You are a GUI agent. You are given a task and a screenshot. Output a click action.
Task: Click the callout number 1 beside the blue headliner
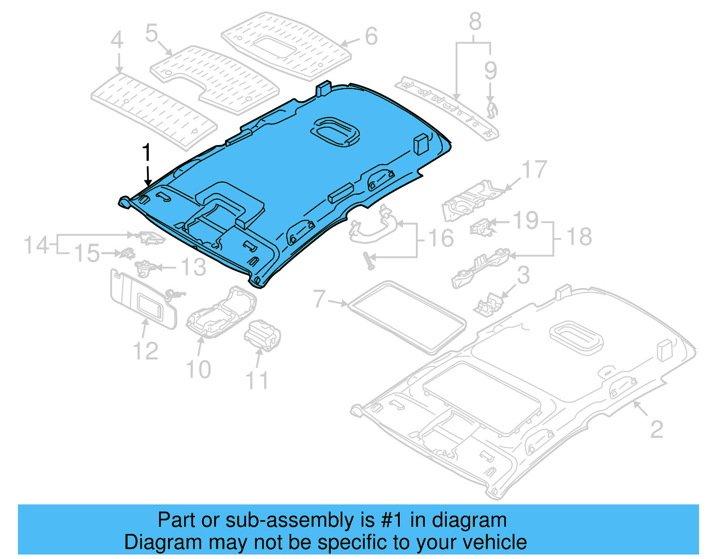(x=147, y=153)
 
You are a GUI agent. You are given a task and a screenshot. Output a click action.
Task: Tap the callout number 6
(x=371, y=36)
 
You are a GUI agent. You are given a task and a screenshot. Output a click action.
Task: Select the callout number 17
(x=534, y=170)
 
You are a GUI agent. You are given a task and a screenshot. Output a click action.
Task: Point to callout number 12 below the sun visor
(x=146, y=351)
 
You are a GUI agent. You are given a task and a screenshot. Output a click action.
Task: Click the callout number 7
(x=319, y=299)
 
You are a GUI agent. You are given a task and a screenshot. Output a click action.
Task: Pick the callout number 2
(x=657, y=430)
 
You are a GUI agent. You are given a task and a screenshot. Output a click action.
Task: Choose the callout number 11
(x=257, y=381)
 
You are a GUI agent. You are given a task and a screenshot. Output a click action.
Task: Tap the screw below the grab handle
(x=370, y=261)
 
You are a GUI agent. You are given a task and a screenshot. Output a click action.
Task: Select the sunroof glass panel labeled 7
(x=407, y=316)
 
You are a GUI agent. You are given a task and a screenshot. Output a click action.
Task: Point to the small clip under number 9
(x=492, y=109)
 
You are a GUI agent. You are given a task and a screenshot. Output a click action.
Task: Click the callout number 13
(x=193, y=268)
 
